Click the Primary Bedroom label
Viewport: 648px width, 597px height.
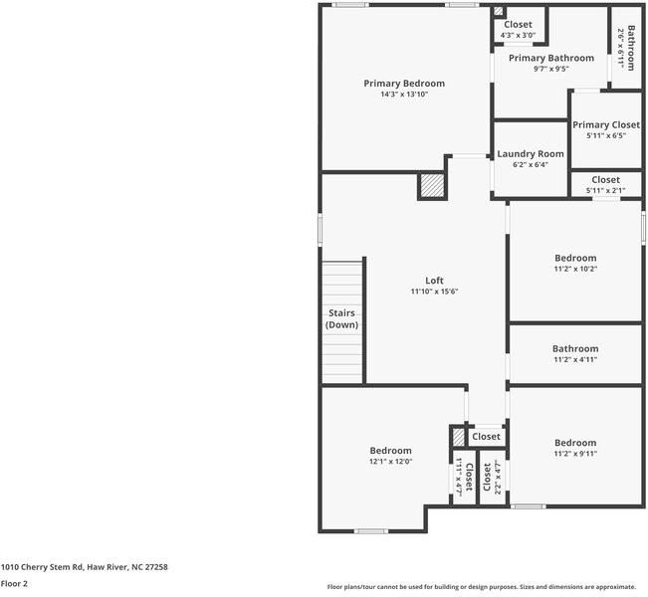(403, 84)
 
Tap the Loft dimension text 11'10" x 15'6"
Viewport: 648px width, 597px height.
(433, 292)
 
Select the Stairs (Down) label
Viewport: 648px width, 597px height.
(342, 318)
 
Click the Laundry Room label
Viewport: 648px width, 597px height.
(531, 154)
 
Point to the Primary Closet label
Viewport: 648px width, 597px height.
(606, 125)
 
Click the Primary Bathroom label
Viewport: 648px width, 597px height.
(550, 59)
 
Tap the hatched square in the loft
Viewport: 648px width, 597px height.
(431, 186)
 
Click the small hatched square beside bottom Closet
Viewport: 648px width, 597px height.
(458, 437)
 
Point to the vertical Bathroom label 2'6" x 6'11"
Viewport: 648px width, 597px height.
(626, 48)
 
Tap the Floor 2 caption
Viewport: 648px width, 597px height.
(14, 584)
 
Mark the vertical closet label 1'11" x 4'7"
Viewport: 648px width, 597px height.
(462, 479)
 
